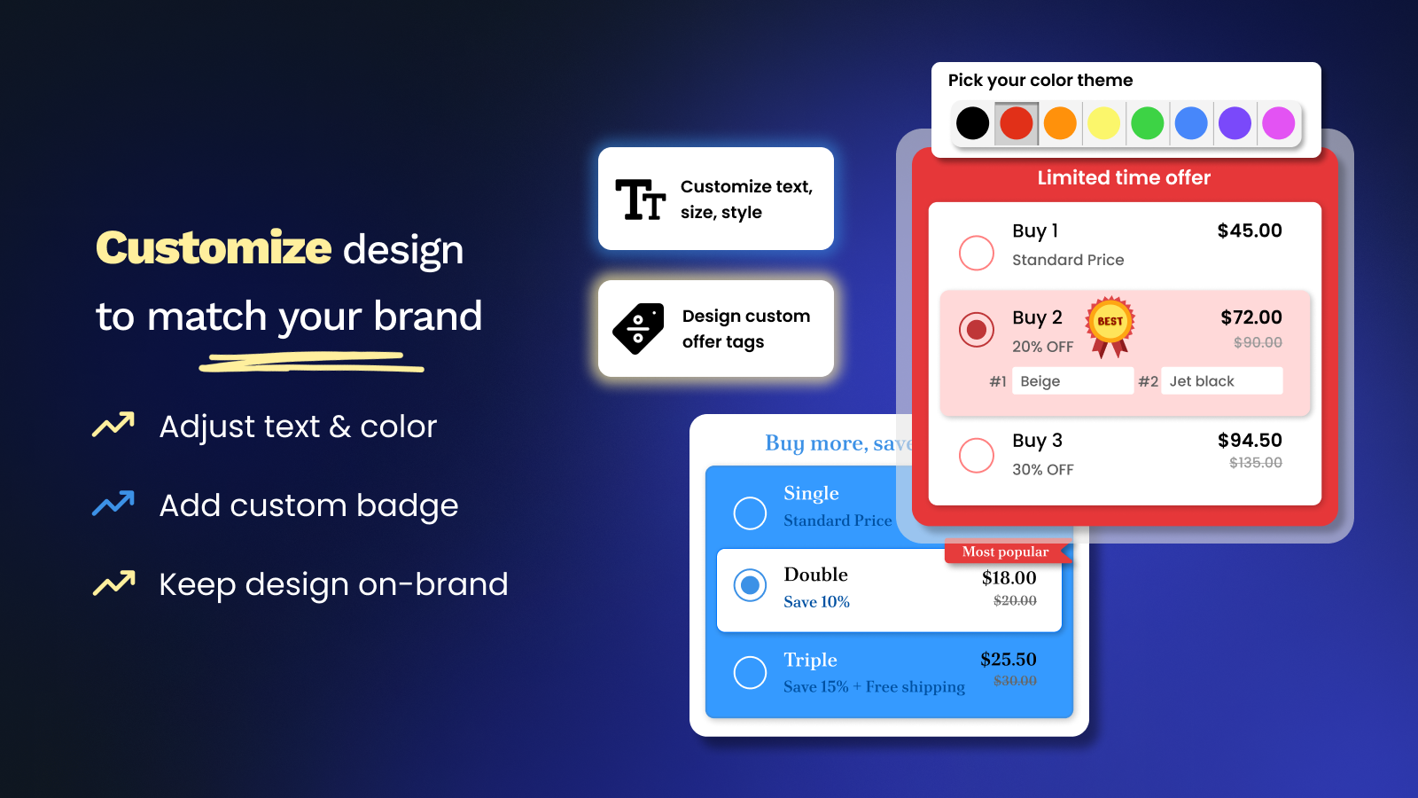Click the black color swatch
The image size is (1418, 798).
(972, 123)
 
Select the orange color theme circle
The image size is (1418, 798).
(1060, 123)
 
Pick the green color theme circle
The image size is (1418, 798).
(1147, 123)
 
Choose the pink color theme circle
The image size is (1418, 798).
(1278, 123)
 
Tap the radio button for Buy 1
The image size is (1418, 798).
(976, 253)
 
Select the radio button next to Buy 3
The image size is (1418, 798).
(976, 456)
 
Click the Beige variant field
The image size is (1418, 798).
(1072, 380)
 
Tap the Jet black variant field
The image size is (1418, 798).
(1222, 380)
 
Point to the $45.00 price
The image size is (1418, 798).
(1250, 231)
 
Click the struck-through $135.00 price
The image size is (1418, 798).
(1255, 463)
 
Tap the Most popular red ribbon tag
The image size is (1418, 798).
(1008, 552)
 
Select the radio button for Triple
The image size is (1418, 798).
(750, 672)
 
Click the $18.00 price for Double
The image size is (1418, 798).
(1009, 577)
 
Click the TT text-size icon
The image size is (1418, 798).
(640, 199)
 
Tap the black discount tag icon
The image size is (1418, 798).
(638, 328)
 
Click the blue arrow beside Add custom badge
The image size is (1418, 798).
(113, 504)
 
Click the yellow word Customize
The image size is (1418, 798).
(214, 247)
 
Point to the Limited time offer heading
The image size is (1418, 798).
(1124, 177)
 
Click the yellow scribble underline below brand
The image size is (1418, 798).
(311, 362)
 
